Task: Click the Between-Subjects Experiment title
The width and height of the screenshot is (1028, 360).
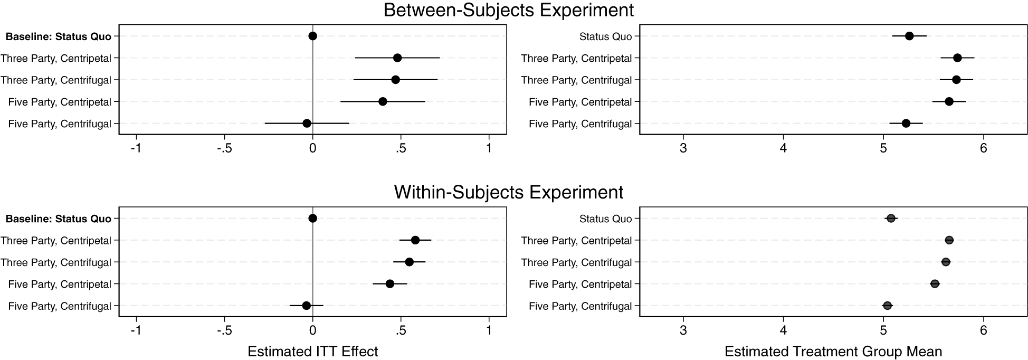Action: (509, 11)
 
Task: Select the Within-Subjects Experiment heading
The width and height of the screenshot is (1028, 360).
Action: (509, 192)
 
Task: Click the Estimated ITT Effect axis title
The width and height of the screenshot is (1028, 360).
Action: (313, 352)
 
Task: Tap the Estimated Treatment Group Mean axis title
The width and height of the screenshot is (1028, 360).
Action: (833, 352)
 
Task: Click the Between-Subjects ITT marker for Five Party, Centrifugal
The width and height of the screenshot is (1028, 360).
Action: (307, 124)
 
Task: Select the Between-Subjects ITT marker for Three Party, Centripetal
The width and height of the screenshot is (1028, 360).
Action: (397, 58)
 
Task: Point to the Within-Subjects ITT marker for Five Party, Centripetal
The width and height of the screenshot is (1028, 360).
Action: (390, 284)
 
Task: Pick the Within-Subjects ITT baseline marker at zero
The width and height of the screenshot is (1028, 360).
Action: (312, 219)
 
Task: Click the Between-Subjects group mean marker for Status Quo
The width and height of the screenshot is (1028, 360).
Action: (909, 36)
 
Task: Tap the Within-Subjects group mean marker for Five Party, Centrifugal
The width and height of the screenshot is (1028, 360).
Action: (887, 306)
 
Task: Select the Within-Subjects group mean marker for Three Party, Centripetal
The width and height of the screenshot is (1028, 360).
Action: (949, 240)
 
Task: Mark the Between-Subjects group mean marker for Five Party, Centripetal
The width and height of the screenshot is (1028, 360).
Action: (949, 101)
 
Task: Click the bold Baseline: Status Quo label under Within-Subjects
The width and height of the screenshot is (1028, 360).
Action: (59, 219)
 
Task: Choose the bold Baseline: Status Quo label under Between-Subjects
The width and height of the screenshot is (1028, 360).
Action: (59, 36)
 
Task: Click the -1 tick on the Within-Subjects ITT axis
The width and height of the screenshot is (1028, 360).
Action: (136, 331)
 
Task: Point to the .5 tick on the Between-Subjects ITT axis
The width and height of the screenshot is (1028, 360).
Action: (401, 148)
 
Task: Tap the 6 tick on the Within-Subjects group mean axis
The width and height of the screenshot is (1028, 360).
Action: (983, 331)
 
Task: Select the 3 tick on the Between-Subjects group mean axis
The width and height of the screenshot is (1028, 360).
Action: (683, 148)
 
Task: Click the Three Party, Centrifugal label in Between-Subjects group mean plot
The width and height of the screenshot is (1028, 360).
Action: (576, 80)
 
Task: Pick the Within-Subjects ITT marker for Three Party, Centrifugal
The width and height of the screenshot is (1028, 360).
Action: (409, 262)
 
